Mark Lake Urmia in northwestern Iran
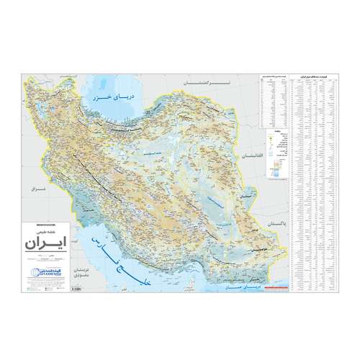click(x=81, y=122)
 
